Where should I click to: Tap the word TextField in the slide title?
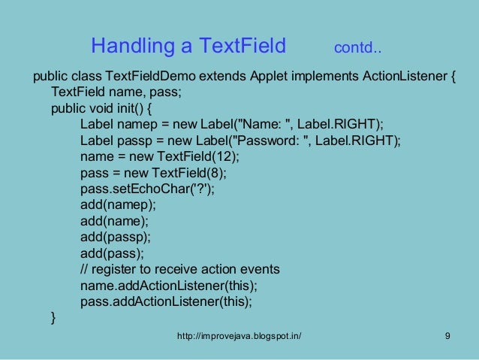pos(241,47)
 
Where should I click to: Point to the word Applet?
pos(271,77)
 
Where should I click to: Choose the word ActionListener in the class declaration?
pos(403,77)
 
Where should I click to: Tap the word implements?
pos(327,77)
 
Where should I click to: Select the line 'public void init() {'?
pos(101,108)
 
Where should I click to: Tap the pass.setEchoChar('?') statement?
pos(146,189)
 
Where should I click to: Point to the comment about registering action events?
pos(179,269)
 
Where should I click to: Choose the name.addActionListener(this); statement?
pos(168,286)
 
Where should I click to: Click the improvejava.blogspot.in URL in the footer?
pos(239,336)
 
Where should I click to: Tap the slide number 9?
pos(447,336)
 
